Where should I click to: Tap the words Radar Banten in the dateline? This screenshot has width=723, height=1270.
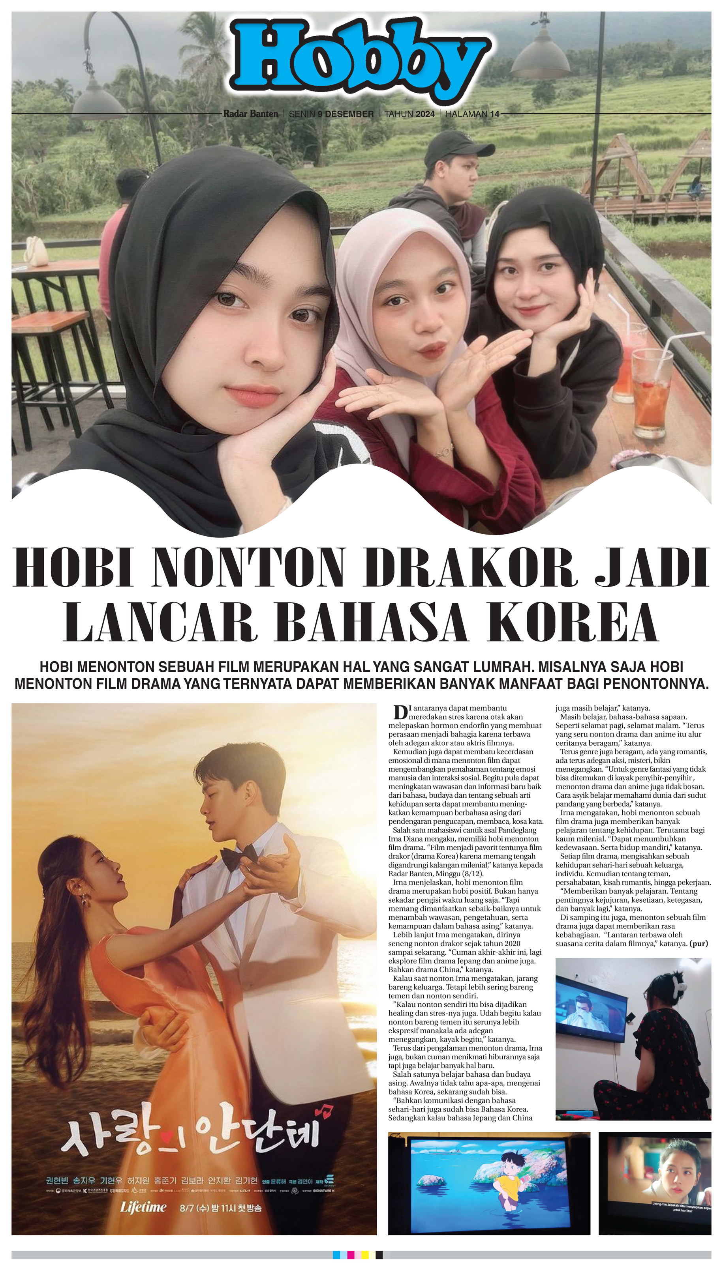click(251, 114)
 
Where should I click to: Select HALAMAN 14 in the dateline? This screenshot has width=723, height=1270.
click(472, 114)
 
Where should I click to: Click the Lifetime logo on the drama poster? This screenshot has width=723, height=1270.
click(143, 1206)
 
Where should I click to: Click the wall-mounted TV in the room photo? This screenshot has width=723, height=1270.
click(590, 1008)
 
